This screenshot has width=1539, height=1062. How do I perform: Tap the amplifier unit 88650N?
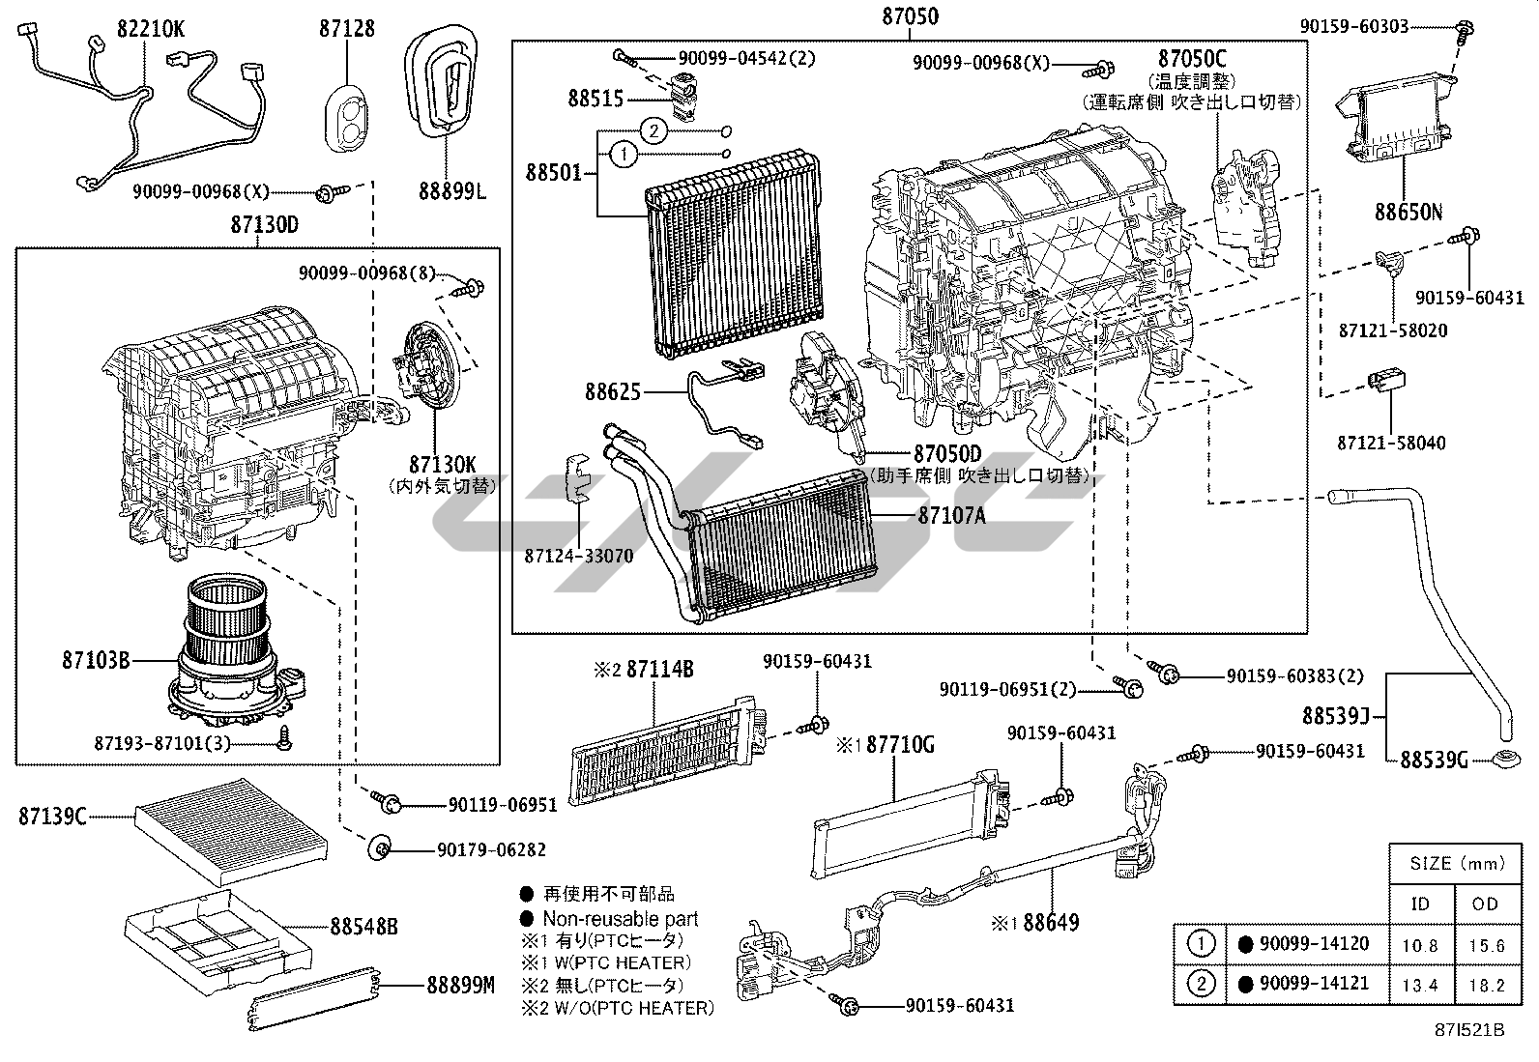pyautogui.click(x=1397, y=121)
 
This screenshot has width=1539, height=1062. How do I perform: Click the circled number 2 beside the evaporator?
pyautogui.click(x=654, y=130)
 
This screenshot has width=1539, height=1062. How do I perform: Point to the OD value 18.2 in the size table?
pyautogui.click(x=1485, y=986)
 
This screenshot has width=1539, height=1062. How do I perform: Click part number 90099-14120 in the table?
pyautogui.click(x=1315, y=944)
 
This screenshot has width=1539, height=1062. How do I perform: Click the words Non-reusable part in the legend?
pyautogui.click(x=620, y=918)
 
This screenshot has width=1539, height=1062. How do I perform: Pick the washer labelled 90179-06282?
pyautogui.click(x=379, y=849)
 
